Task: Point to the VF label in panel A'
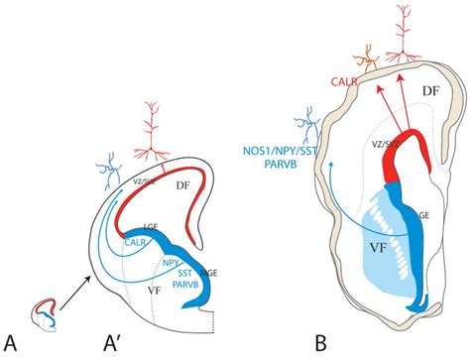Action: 155,292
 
